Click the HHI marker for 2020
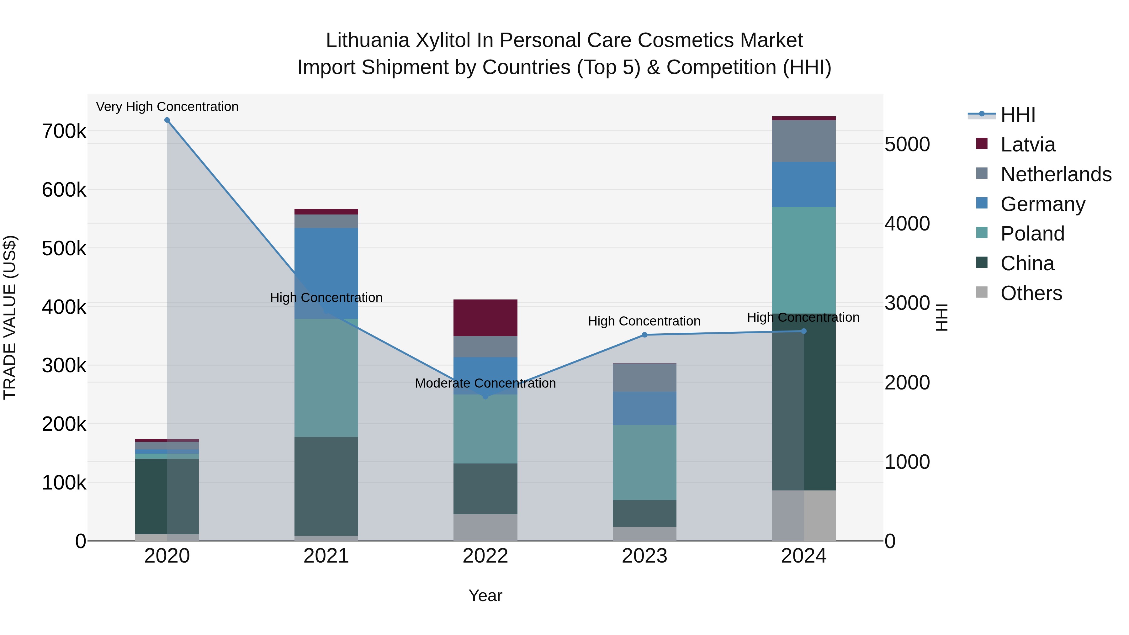(167, 120)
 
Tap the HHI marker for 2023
(644, 335)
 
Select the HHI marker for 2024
(803, 331)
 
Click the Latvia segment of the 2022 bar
(485, 318)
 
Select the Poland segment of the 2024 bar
(803, 260)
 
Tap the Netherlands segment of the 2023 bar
(644, 377)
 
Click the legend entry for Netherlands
(1055, 174)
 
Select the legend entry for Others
(1031, 293)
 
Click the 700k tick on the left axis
(64, 131)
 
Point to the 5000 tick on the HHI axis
(907, 144)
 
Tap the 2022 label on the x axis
(485, 556)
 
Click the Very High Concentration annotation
(167, 107)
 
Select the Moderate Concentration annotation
(485, 383)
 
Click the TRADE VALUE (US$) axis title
(10, 317)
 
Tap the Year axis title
(485, 595)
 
